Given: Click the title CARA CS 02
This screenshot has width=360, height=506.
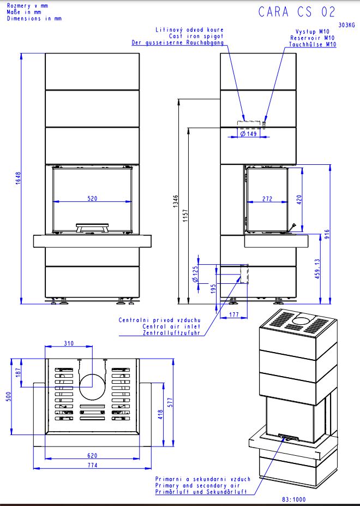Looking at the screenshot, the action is [297, 12].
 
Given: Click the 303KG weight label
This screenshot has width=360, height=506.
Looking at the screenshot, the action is [346, 25].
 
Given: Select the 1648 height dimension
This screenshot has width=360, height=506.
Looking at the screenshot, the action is [18, 178].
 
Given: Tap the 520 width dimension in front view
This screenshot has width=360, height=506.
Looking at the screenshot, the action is [92, 198].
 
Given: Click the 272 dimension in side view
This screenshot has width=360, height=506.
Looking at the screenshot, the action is [267, 199].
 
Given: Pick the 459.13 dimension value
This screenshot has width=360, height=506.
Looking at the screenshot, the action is [317, 269].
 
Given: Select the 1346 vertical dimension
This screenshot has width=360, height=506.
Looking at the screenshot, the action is [176, 201].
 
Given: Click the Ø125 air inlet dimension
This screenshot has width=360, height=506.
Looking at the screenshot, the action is [195, 274].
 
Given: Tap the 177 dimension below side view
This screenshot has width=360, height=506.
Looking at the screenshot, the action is [234, 314].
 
